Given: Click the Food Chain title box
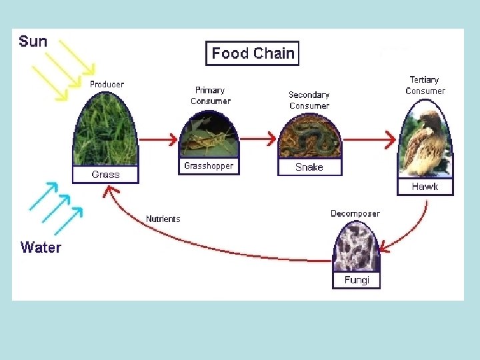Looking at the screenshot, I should pos(253,53).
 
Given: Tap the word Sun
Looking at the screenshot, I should pos(33,41).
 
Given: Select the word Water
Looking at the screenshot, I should pos(41,247).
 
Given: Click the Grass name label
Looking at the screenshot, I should pos(106,175).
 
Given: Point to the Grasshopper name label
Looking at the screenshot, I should pos(209,166).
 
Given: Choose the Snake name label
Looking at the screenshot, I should pos(309,167).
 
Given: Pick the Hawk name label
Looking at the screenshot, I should pos(425,187).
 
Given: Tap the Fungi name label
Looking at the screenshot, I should pos(357,280).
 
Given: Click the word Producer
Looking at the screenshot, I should pos(107,85).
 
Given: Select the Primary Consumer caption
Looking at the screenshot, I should pos(210,95).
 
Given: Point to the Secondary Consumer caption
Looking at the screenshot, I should pos(309,100).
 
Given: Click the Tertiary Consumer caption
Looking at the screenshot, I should pos(425,85).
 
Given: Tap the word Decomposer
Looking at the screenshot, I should pos(355,213).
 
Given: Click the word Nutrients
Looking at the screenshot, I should pos(163,219).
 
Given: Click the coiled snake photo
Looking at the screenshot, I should pos(309,138).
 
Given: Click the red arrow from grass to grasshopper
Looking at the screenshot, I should pos(158,139).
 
